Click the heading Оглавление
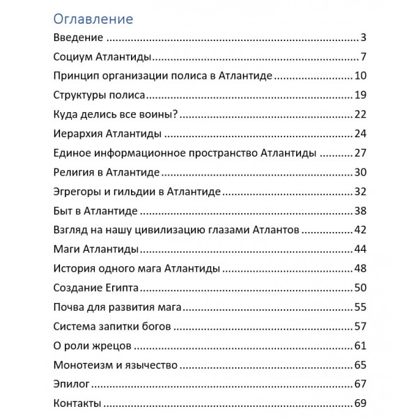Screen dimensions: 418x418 tap(93, 18)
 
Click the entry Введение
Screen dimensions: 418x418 tap(79, 38)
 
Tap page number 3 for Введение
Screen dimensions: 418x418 tap(363, 38)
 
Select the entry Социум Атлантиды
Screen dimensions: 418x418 tap(102, 56)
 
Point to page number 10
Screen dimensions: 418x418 tap(359, 76)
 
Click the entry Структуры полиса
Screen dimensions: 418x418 tap(99, 95)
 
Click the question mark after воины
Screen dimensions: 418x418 tap(177, 114)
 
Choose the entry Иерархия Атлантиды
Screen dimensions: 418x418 tap(108, 134)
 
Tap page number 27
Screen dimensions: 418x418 tap(359, 153)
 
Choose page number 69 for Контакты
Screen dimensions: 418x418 tap(359, 403)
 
